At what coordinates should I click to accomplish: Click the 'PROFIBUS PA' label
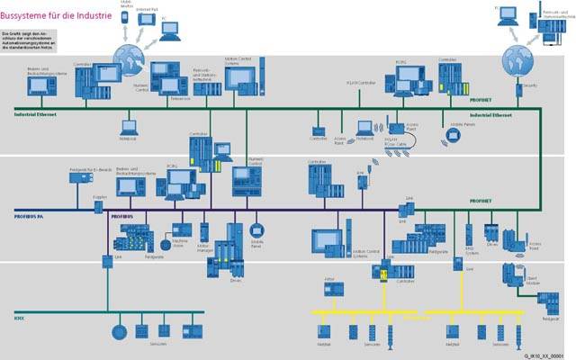[x=31, y=216]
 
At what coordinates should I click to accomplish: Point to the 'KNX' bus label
[x=19, y=318]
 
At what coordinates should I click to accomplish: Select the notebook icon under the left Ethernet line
[x=127, y=128]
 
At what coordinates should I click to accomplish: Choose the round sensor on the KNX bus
[x=117, y=331]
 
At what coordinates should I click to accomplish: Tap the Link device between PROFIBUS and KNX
[x=105, y=261]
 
